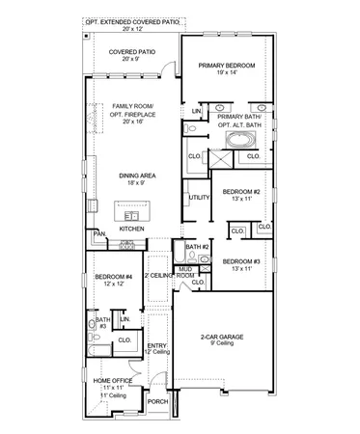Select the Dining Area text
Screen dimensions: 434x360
pyautogui.click(x=136, y=175)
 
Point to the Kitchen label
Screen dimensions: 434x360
pyautogui.click(x=132, y=229)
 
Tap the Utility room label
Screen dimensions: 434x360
pyautogui.click(x=200, y=197)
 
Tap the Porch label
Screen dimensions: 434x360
pyautogui.click(x=157, y=401)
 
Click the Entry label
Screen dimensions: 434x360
pyautogui.click(x=156, y=346)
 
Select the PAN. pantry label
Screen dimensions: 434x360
pyautogui.click(x=98, y=233)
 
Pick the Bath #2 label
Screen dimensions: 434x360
pyautogui.click(x=198, y=247)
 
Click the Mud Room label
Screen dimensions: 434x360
pyautogui.click(x=185, y=274)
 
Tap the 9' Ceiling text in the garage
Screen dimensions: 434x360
pyautogui.click(x=223, y=342)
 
